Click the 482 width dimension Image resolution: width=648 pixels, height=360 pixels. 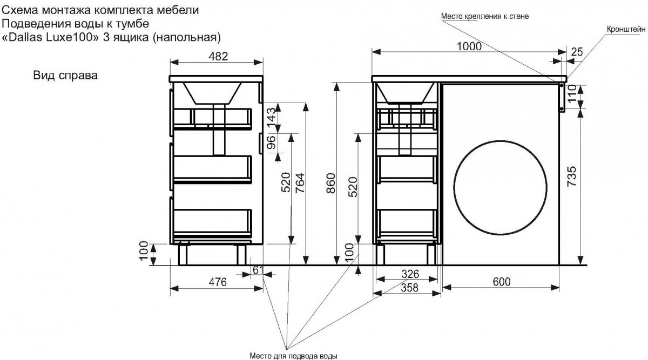218,56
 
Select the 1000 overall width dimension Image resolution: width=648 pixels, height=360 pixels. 469,46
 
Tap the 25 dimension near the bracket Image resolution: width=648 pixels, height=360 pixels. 577,52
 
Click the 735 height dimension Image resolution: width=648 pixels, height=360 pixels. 572,176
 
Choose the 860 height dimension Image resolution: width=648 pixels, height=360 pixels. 330,183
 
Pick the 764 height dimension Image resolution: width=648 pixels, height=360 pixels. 300,183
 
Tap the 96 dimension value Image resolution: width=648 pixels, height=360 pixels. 272,142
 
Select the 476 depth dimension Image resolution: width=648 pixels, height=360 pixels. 218,282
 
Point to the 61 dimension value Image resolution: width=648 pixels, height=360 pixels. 258,270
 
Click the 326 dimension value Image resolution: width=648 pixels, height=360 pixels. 410,274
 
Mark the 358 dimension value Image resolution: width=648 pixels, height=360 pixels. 410,288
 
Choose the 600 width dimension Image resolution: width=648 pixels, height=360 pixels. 501,281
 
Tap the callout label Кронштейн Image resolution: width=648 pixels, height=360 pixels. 626,29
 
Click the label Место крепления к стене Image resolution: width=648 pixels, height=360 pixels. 485,17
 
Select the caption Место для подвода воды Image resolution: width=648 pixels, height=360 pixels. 294,356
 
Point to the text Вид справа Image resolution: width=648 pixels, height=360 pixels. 65,76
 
